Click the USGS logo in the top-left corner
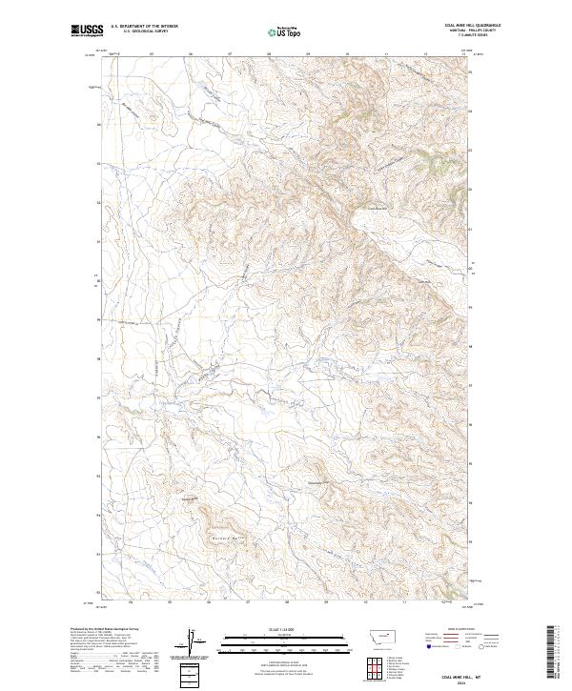click(x=86, y=31)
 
